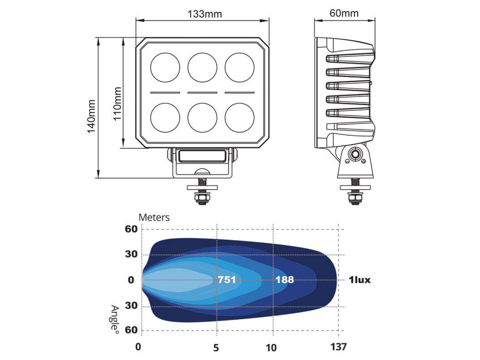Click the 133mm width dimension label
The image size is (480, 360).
point(204,14)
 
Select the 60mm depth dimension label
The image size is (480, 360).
point(344,13)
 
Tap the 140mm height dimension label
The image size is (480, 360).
point(91,116)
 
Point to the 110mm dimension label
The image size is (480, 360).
point(117,104)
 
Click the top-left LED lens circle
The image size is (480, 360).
point(165,68)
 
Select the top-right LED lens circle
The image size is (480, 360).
point(239,68)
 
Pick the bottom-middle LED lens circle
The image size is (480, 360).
point(202,117)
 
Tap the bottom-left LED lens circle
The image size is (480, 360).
point(165,117)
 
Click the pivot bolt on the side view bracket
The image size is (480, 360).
point(355,154)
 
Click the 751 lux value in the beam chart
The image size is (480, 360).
point(227,280)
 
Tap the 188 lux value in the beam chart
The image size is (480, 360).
point(284,280)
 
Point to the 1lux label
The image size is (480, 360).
point(359,280)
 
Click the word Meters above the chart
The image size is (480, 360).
point(154,217)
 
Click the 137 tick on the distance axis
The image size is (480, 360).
point(338,347)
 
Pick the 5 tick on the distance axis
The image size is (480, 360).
point(216,348)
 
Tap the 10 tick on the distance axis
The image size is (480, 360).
point(271,348)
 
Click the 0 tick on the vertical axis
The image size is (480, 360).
point(131,280)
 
